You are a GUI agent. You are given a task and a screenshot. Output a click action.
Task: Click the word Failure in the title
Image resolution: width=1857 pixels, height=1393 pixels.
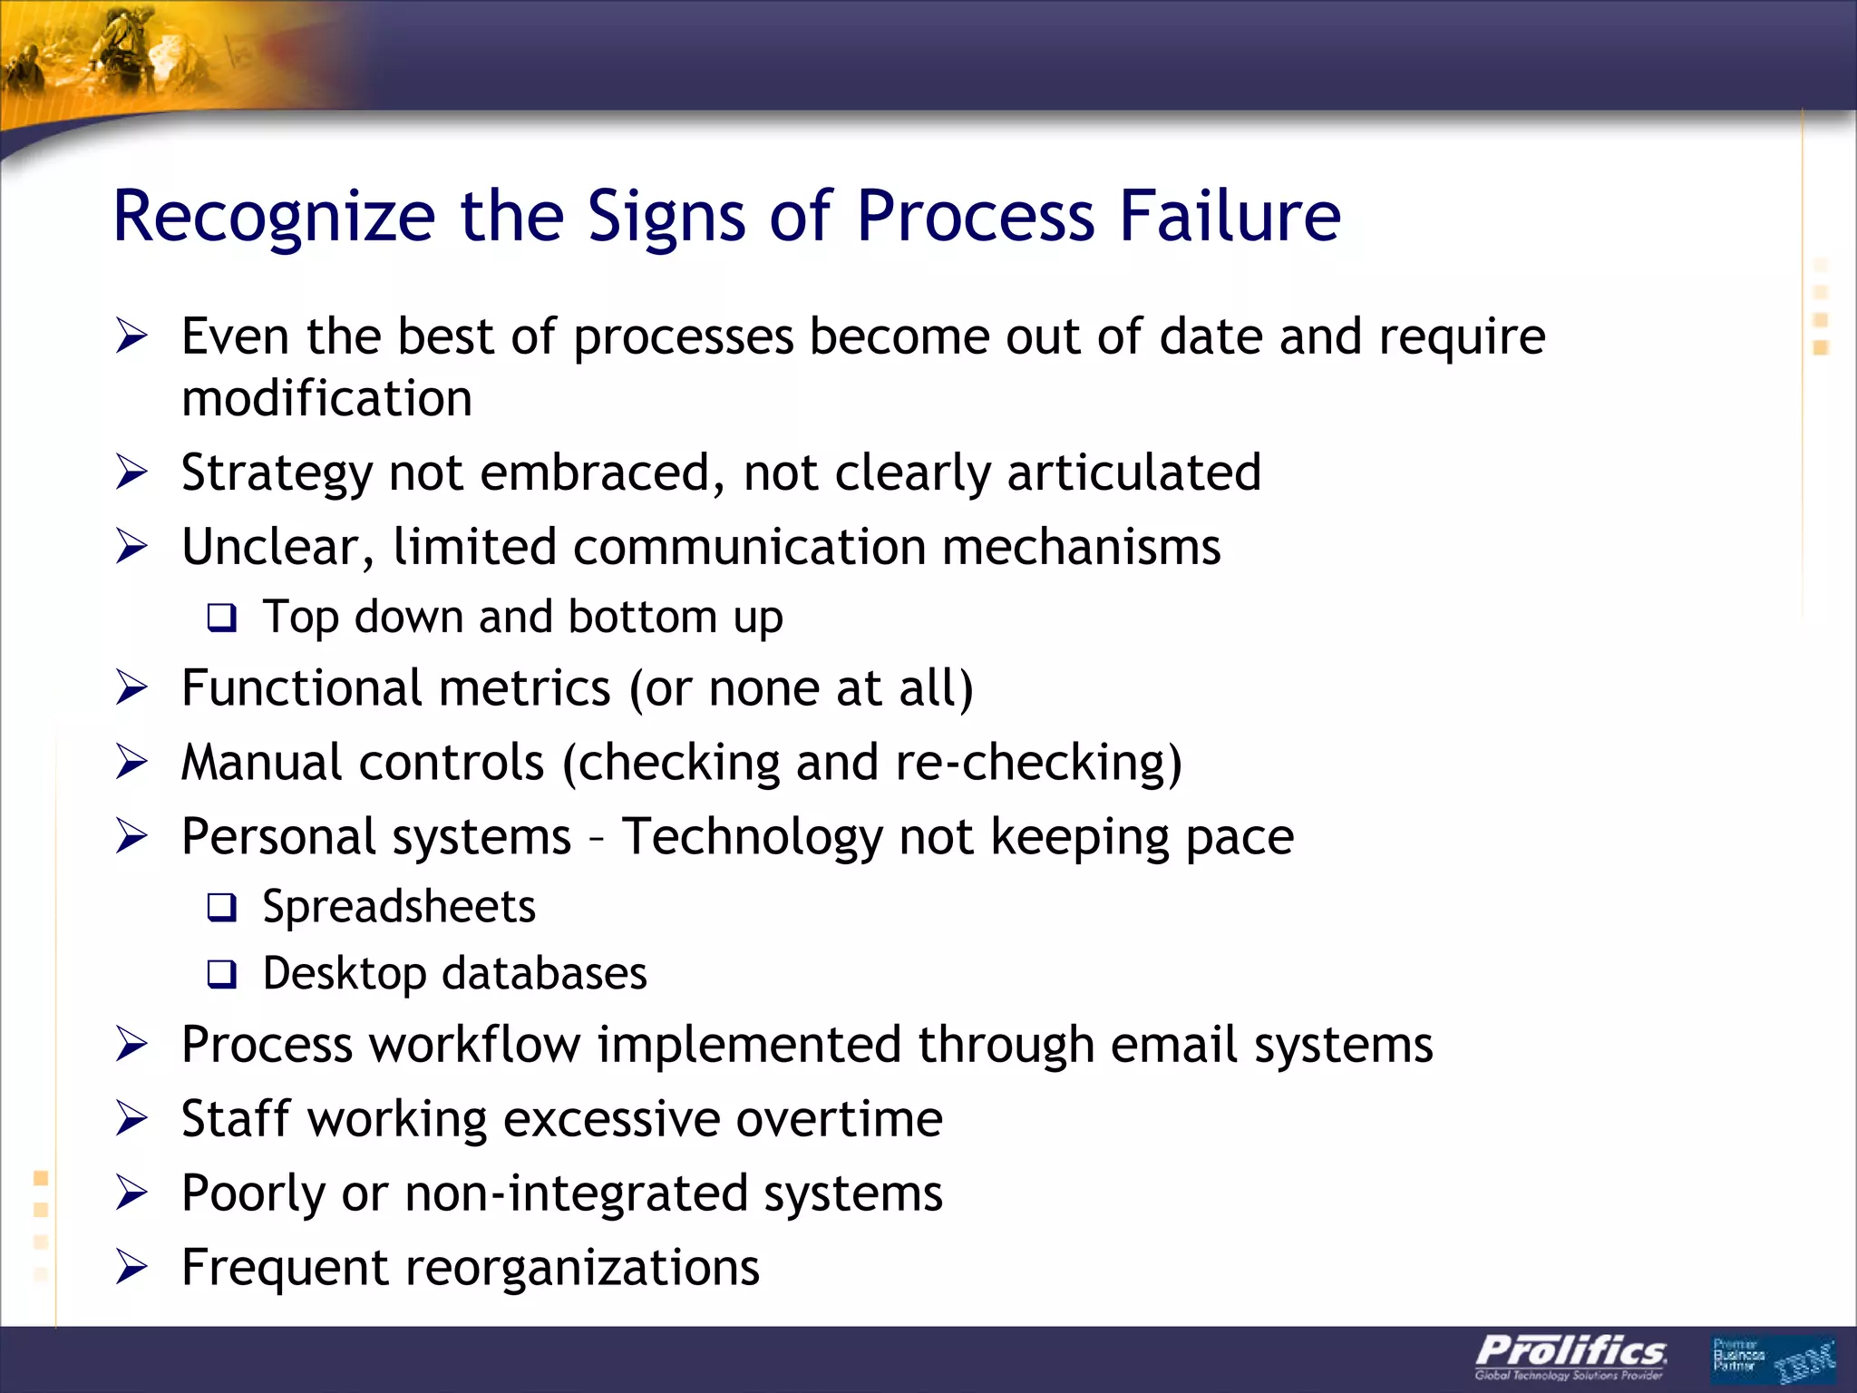click(x=1230, y=216)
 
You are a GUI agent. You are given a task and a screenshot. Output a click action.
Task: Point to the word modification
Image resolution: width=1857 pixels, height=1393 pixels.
click(x=326, y=399)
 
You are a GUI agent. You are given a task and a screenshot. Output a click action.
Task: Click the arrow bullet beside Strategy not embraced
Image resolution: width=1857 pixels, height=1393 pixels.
click(x=131, y=472)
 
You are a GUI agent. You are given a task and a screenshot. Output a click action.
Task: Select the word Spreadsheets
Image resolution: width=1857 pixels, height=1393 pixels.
click(x=399, y=906)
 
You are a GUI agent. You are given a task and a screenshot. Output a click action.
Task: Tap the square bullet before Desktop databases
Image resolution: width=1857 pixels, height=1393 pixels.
click(x=221, y=974)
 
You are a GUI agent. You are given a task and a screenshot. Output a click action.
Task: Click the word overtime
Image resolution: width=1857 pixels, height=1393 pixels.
click(x=839, y=1118)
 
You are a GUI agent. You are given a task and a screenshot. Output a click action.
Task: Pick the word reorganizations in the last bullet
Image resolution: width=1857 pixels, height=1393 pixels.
click(x=582, y=1267)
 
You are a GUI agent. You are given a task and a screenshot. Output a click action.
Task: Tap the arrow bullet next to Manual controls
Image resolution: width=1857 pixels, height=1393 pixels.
click(x=131, y=762)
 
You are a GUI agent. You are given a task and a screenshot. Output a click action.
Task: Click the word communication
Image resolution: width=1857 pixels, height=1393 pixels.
click(x=749, y=547)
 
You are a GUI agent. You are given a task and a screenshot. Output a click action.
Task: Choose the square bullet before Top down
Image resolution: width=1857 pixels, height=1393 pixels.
click(x=221, y=618)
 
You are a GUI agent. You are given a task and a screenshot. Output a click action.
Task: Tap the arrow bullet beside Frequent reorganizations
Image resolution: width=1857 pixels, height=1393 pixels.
click(x=131, y=1267)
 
